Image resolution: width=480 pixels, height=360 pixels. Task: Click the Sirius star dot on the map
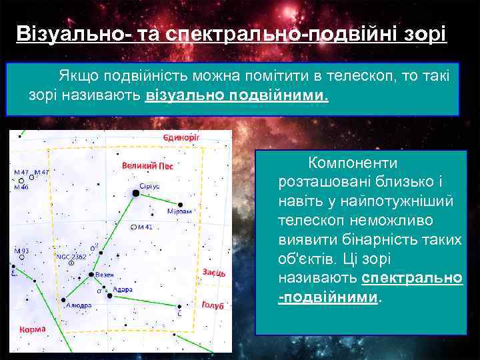coord(136,193)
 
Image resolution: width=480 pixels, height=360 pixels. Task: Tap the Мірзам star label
coord(179,211)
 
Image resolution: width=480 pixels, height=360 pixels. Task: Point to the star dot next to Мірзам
coord(179,203)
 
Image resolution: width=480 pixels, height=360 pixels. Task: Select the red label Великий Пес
coord(147,166)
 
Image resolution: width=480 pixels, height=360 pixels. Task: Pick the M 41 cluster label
coord(143,227)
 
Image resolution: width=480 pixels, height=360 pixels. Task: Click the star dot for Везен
coord(91,274)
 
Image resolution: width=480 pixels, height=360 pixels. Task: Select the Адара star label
coord(123,289)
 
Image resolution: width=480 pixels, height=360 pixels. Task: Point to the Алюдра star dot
coord(64,299)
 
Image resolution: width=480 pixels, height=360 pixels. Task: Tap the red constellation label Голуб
coord(212,305)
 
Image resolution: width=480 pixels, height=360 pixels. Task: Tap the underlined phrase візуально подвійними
coord(237,95)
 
